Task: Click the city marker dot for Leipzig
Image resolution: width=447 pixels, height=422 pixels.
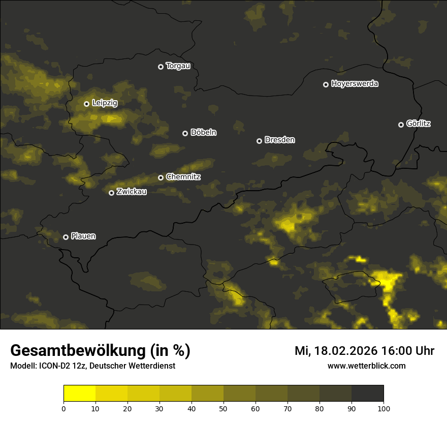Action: point(87,104)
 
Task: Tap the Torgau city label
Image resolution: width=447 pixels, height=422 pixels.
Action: point(178,66)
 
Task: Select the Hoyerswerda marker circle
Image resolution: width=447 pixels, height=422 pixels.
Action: point(326,84)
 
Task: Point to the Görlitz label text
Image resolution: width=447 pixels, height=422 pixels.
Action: point(419,124)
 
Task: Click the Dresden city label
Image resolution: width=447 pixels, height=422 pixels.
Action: point(280,140)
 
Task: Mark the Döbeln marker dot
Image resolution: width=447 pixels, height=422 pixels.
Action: point(185,133)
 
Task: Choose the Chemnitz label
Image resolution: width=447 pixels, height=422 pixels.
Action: point(183,177)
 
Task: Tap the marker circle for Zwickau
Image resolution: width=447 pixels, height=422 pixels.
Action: point(112,193)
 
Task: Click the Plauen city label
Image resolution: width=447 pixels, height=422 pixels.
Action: point(83,236)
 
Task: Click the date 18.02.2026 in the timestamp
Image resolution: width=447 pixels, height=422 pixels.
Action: point(345,351)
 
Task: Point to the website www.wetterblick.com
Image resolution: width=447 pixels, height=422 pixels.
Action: point(366,366)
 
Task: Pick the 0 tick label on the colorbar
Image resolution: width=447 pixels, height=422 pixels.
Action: point(63,408)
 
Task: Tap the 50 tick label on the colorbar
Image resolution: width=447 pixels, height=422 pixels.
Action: point(223,408)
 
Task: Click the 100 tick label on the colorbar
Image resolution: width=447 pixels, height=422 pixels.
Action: point(384,408)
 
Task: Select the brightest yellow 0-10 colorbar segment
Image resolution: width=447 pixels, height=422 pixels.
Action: point(80,393)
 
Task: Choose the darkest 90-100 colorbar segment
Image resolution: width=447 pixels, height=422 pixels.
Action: point(367,393)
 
